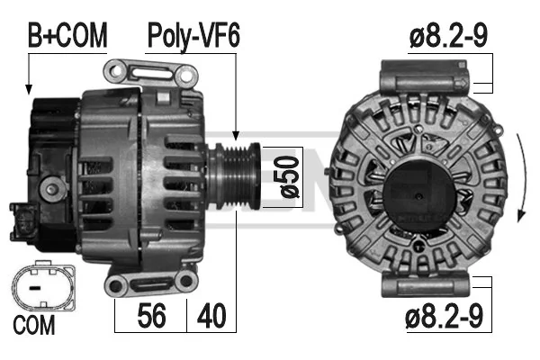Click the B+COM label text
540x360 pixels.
(x=67, y=35)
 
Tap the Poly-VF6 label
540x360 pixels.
(x=193, y=36)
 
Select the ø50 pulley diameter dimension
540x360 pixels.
(x=289, y=177)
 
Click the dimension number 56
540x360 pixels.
(x=151, y=316)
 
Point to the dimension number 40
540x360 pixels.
(x=211, y=316)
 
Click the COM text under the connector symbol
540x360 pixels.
(x=34, y=325)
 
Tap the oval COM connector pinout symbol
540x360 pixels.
(x=43, y=287)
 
